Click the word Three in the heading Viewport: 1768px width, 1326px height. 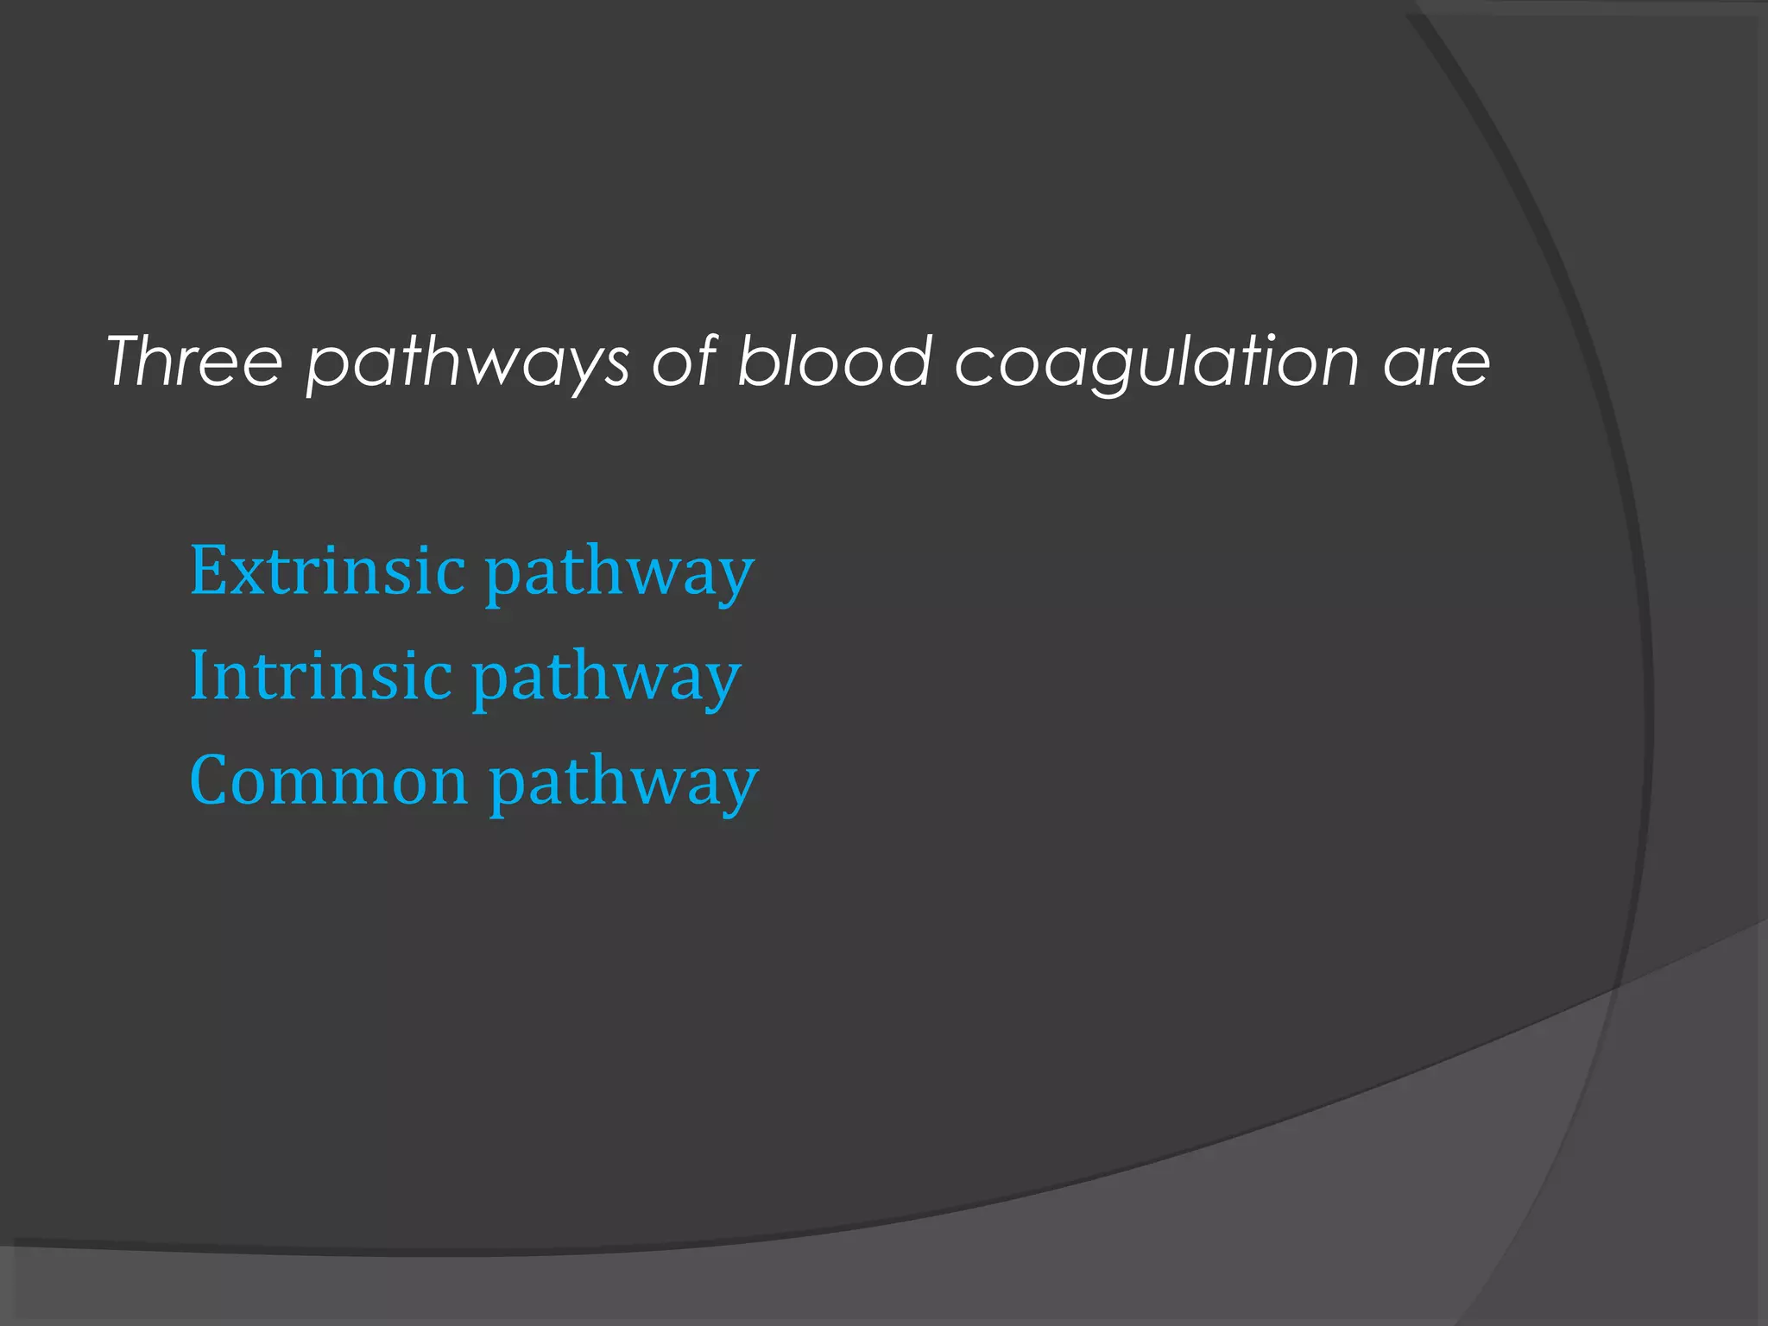coord(194,361)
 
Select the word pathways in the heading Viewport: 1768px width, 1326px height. coord(468,363)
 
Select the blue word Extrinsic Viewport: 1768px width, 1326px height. coord(327,571)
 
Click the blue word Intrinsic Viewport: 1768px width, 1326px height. coord(320,675)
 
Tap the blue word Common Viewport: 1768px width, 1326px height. coord(328,780)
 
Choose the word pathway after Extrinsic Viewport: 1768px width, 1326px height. coord(619,574)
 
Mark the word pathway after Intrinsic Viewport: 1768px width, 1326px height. coord(606,679)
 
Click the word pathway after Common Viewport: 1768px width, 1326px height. coord(623,785)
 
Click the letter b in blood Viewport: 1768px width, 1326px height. coord(755,359)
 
